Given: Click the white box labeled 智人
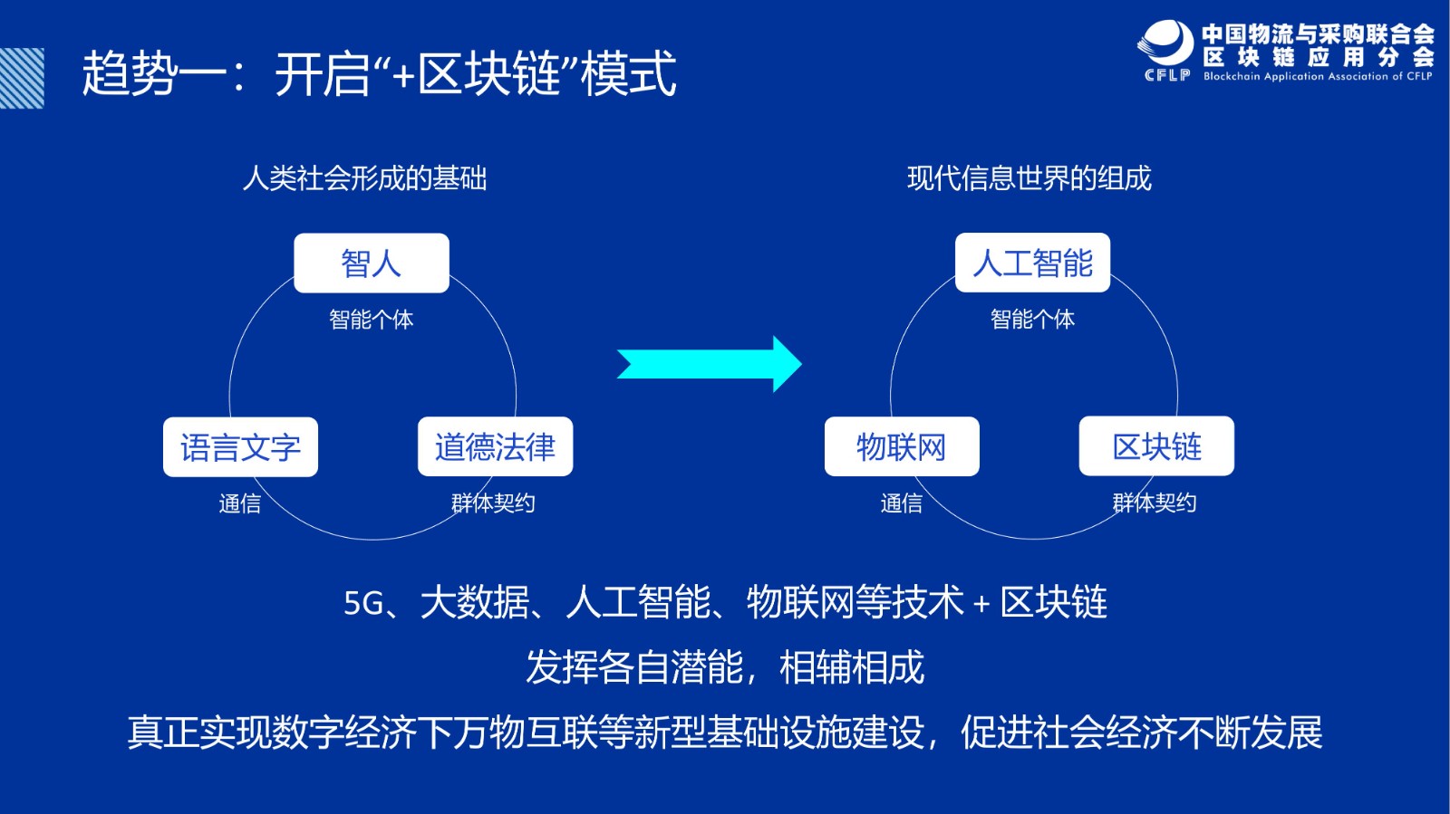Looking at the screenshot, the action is tap(372, 263).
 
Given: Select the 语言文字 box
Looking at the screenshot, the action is tap(241, 446).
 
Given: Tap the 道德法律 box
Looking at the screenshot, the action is tap(495, 446).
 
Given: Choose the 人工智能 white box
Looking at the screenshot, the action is tap(1032, 263).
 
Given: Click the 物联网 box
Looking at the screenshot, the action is tap(902, 446).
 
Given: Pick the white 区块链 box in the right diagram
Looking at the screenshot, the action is tap(1156, 445).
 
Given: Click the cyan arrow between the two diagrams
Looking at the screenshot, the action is tap(710, 364).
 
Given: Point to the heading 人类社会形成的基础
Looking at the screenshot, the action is tap(364, 178).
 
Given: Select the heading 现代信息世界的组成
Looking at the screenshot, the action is tap(1029, 178).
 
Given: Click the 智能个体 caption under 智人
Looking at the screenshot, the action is tap(371, 320).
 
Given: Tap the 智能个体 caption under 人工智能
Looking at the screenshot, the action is tap(1032, 319).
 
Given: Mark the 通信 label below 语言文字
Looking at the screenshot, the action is tap(239, 503).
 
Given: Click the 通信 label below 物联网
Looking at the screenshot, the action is tap(901, 503).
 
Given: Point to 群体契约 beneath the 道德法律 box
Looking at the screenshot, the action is tap(493, 503).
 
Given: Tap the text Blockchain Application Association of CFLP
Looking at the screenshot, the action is tap(1318, 76).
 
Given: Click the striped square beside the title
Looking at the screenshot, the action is tap(22, 78).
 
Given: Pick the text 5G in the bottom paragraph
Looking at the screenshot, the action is tap(363, 603).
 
